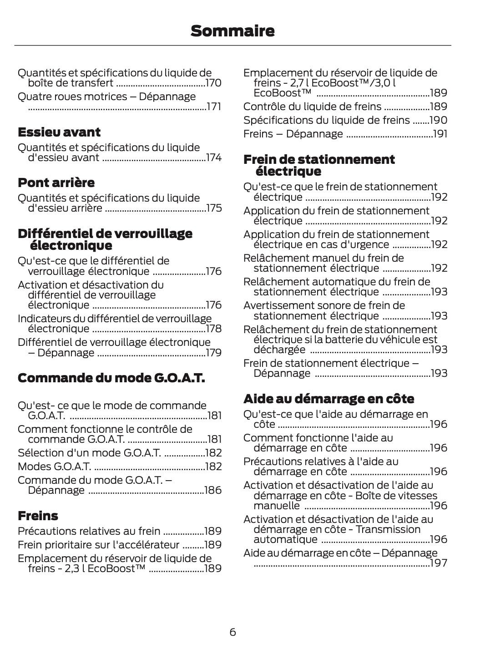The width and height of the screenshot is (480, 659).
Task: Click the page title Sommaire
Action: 232,31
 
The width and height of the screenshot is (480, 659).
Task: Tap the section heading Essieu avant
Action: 59,132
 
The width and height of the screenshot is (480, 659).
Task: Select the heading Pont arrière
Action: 56,183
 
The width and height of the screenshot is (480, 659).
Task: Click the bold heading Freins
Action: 38,516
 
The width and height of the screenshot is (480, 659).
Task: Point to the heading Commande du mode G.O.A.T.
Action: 111,378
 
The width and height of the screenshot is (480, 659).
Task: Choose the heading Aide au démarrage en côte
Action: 328,399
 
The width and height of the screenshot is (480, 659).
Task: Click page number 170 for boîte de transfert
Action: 213,83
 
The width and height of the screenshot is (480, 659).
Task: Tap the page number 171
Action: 214,107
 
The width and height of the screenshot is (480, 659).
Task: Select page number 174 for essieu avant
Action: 213,158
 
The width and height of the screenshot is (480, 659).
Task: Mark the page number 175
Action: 213,208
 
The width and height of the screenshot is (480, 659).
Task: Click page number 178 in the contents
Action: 213,329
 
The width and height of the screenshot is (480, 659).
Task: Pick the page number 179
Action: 213,353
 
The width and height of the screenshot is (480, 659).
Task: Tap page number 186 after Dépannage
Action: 213,491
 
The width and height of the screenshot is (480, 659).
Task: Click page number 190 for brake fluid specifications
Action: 439,121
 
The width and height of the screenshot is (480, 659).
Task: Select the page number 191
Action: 440,134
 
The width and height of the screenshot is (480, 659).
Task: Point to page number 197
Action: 439,563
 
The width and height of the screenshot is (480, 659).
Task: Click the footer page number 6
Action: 232,632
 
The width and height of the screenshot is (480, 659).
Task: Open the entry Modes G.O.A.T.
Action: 54,467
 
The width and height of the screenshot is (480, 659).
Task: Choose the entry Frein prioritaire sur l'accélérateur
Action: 98,545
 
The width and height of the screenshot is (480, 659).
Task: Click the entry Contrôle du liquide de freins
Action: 312,107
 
